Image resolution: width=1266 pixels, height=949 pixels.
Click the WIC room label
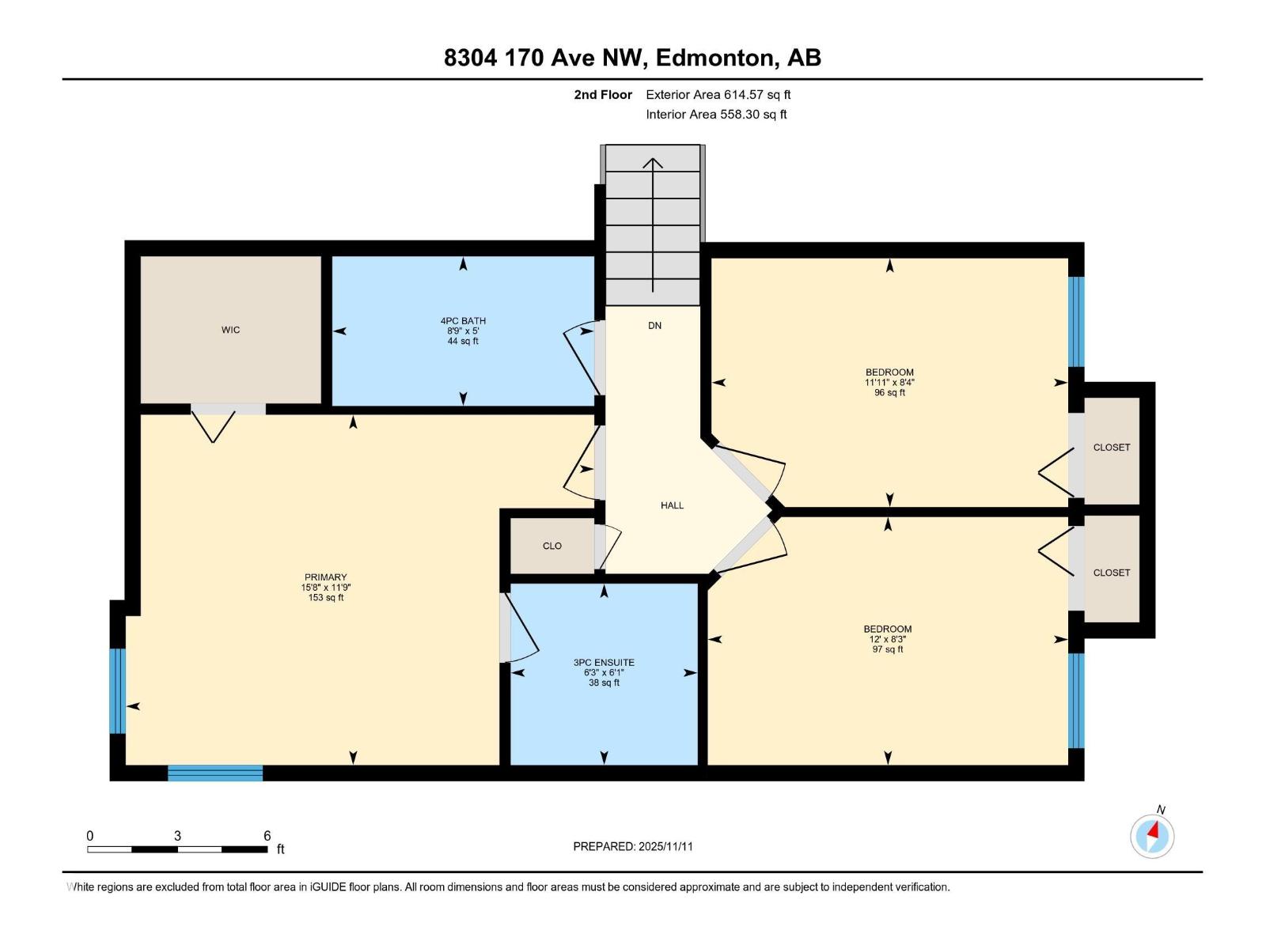(230, 330)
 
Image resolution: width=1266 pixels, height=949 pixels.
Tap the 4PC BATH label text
(463, 321)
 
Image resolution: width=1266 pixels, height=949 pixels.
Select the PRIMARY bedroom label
(325, 577)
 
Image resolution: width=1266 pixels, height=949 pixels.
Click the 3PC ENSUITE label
(604, 663)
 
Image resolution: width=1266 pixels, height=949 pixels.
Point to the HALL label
(672, 505)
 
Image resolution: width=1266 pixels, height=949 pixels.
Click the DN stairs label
(654, 326)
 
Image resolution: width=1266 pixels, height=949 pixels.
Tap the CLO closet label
(552, 546)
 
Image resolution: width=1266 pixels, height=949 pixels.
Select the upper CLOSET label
(1111, 448)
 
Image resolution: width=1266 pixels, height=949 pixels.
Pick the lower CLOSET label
(1111, 573)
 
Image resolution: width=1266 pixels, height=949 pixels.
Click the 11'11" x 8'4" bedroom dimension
(889, 382)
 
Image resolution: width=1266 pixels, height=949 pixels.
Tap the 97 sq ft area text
(888, 649)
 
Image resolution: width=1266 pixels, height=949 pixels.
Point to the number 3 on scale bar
(177, 836)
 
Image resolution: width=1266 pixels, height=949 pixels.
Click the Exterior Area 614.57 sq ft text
(718, 95)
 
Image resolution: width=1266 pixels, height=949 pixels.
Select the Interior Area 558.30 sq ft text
(715, 115)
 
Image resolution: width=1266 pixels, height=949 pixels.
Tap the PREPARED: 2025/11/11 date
(632, 846)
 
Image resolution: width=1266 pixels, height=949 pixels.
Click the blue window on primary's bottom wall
(215, 773)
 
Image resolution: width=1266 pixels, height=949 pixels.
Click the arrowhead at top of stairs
(653, 163)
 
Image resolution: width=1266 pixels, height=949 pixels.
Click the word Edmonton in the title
(714, 58)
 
